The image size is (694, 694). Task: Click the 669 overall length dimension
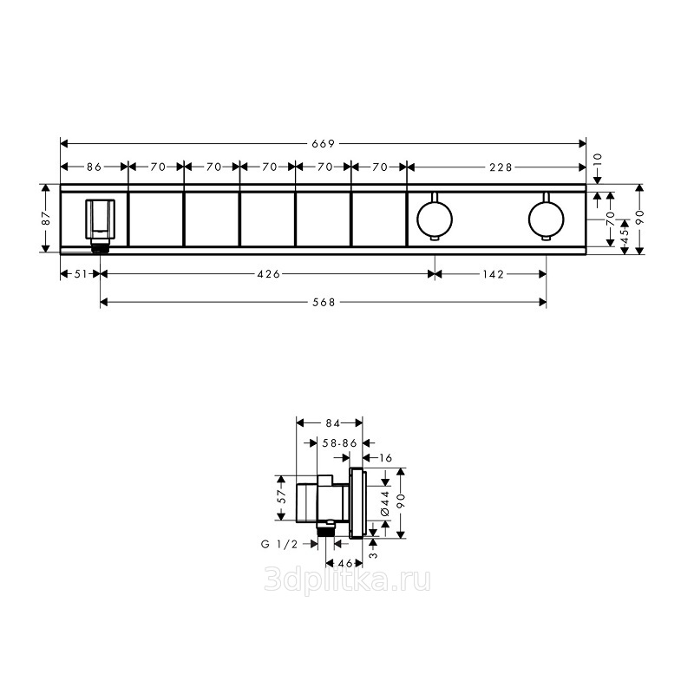[324, 143]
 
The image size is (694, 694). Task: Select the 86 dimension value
[94, 167]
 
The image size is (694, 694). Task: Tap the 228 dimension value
[501, 167]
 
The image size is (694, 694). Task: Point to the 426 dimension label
[269, 274]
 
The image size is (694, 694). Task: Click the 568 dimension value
[324, 302]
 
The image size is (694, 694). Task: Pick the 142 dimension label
[494, 274]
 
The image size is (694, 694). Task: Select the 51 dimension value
[81, 274]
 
